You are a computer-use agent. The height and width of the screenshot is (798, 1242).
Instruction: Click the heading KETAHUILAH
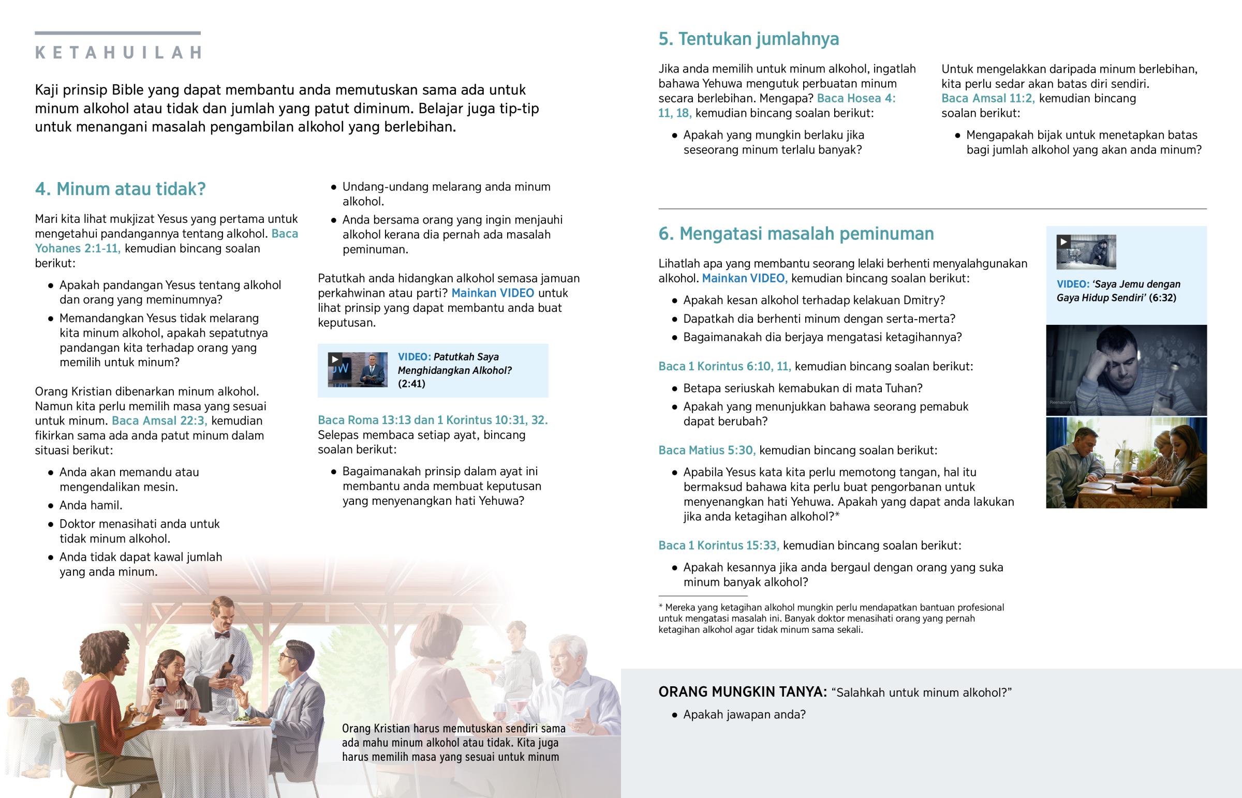(118, 52)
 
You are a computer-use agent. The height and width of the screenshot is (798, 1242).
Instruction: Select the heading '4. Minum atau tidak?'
(120, 189)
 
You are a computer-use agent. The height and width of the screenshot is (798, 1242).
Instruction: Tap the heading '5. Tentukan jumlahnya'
(748, 39)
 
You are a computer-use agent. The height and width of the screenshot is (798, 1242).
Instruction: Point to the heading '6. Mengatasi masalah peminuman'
(796, 234)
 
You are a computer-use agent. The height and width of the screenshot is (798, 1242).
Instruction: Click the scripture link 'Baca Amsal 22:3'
(159, 421)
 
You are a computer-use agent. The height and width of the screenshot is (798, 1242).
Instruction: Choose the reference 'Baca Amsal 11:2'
(988, 98)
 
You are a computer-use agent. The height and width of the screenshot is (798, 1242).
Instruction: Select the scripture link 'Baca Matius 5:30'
(706, 450)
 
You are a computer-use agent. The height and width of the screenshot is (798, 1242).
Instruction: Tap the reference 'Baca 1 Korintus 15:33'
(718, 545)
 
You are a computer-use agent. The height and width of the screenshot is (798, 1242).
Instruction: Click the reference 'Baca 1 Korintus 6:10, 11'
(724, 366)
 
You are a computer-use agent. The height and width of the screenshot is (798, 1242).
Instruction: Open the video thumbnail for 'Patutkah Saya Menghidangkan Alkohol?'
(357, 369)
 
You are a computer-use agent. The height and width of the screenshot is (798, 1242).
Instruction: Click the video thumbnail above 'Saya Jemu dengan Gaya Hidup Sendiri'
(1086, 252)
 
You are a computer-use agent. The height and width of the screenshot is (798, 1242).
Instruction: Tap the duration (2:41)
(411, 384)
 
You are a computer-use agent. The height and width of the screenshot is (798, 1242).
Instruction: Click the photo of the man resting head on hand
(1126, 370)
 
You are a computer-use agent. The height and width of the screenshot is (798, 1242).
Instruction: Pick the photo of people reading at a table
(1126, 463)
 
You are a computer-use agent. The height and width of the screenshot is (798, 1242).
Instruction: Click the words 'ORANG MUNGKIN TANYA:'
(742, 692)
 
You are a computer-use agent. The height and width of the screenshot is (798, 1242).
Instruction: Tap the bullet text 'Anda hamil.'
(91, 505)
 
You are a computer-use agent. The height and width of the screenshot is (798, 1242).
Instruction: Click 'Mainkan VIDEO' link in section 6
(744, 278)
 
